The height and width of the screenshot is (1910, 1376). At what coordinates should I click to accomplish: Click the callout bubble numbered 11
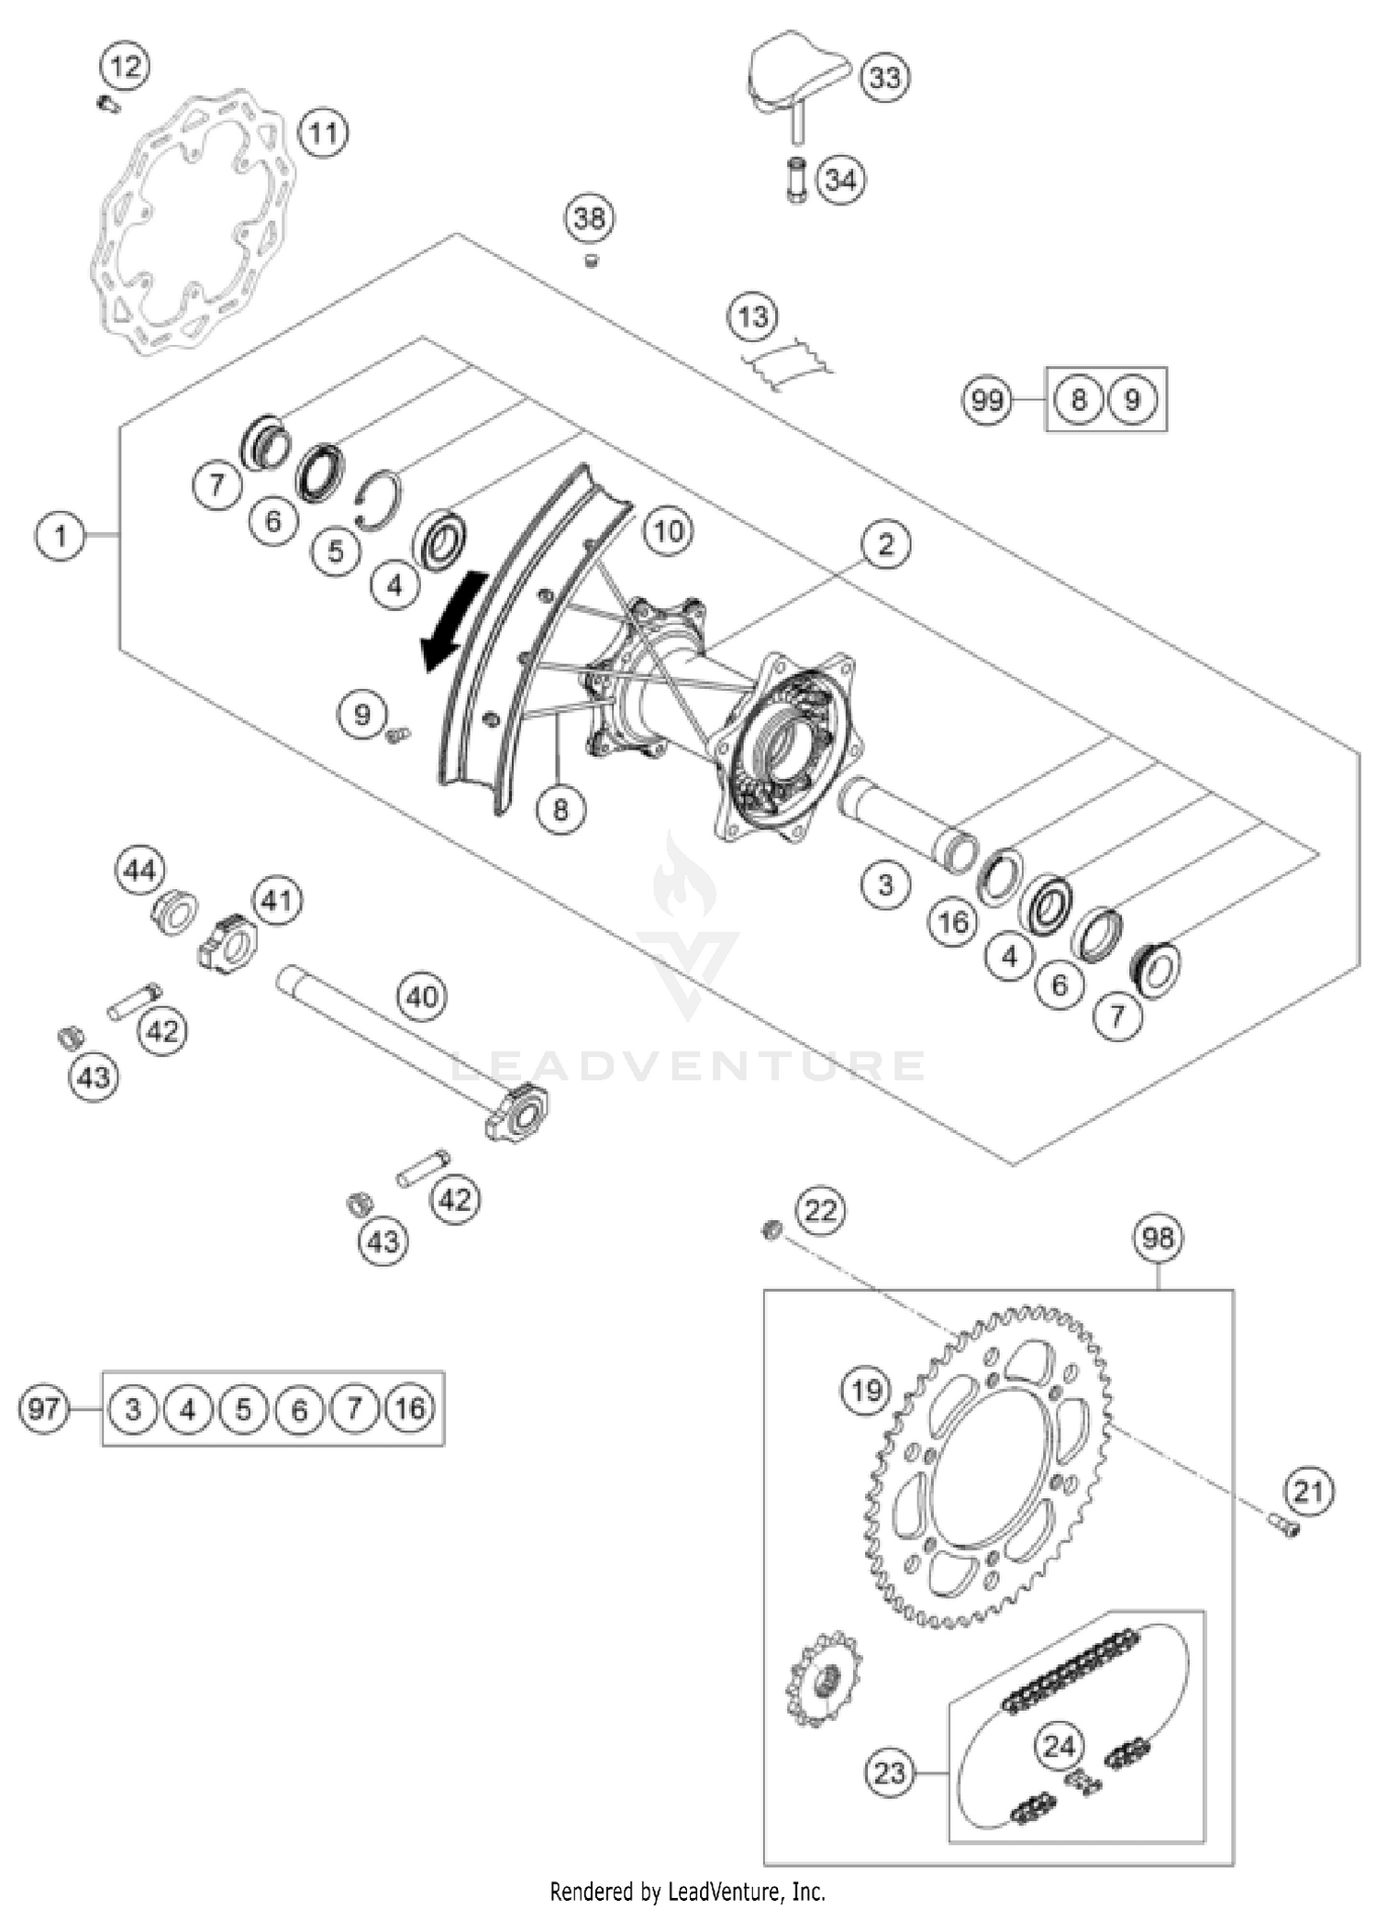[323, 134]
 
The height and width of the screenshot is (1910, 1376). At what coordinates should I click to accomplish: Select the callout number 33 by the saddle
[884, 78]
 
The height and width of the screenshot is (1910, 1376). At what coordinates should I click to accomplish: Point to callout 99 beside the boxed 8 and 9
[987, 401]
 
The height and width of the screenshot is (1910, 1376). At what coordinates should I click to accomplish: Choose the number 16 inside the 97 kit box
[409, 1408]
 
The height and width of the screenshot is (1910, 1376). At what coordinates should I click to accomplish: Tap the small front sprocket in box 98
[823, 1678]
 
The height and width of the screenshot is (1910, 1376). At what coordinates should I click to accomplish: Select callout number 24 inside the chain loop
[1059, 1745]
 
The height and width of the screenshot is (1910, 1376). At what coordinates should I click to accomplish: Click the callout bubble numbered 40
[422, 996]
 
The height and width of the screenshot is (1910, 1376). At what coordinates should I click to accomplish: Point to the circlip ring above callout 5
[377, 500]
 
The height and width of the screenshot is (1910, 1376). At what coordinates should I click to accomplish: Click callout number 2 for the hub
[884, 544]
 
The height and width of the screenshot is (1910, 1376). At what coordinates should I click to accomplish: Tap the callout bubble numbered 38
[589, 218]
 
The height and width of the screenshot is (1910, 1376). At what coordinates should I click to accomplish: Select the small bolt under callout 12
[108, 105]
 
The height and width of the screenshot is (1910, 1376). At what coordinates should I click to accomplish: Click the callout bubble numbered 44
[139, 870]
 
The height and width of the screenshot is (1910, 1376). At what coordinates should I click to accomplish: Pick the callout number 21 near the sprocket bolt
[1308, 1492]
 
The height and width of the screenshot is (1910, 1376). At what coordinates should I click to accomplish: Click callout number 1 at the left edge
[61, 535]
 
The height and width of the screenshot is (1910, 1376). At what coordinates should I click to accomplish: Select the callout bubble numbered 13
[752, 316]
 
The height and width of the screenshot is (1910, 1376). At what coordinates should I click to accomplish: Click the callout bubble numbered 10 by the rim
[668, 530]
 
